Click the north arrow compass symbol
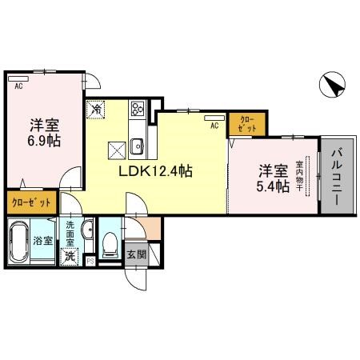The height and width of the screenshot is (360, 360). point(333,83)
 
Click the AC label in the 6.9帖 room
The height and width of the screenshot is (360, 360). point(18,81)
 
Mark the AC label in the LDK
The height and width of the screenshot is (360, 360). point(214,126)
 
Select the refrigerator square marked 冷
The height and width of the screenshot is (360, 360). point(95,109)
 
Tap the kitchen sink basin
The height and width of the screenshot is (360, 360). point(137,145)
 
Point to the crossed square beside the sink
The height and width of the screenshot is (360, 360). point(116,147)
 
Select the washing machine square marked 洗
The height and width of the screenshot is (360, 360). point(70,255)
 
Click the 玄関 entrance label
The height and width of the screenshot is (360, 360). point(136,254)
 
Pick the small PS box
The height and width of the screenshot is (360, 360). point(90,261)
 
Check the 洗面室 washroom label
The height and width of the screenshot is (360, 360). point(70,232)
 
